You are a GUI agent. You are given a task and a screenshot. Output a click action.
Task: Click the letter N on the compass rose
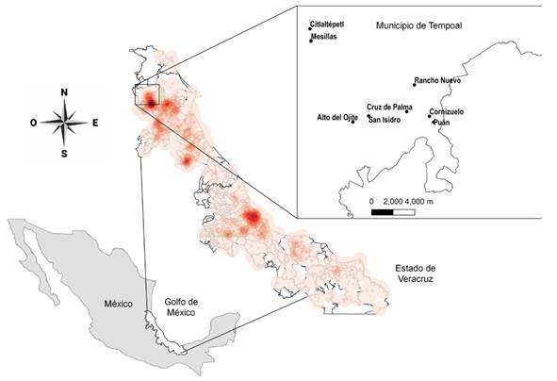[x=64, y=91]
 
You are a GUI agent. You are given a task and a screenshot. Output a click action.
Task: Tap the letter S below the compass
[x=64, y=153]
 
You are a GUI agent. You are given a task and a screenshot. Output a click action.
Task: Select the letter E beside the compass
[x=95, y=123]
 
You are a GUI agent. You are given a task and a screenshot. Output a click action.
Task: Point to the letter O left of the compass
[x=33, y=123]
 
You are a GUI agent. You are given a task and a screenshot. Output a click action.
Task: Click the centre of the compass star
[x=64, y=122]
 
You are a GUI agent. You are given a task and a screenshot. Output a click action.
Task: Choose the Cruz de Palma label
[x=388, y=108]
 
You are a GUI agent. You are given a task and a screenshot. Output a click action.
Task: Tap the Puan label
[x=442, y=122]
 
